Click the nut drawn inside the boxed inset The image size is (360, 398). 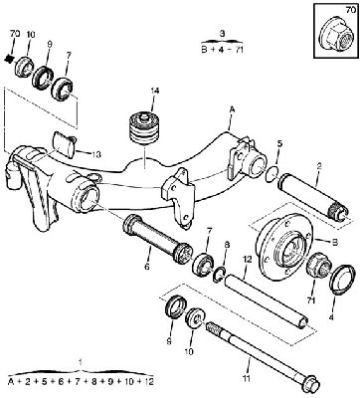click(x=335, y=35)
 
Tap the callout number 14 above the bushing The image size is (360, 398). click(x=155, y=91)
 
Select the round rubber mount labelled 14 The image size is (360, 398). click(x=144, y=128)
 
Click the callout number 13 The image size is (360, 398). click(x=96, y=154)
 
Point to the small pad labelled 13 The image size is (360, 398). click(x=65, y=143)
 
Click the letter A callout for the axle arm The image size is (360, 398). click(x=232, y=109)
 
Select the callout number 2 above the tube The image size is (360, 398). click(x=318, y=167)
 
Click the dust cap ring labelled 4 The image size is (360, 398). click(x=343, y=280)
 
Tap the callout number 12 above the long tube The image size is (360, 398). click(x=248, y=259)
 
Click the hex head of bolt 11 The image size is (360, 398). click(x=311, y=384)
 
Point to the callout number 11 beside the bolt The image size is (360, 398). click(x=246, y=378)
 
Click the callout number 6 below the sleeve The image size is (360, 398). click(x=147, y=267)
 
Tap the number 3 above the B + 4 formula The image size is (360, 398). click(x=222, y=33)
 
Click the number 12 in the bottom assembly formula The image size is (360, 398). click(x=149, y=381)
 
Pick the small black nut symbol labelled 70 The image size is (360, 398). click(x=10, y=59)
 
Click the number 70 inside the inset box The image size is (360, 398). click(x=350, y=10)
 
